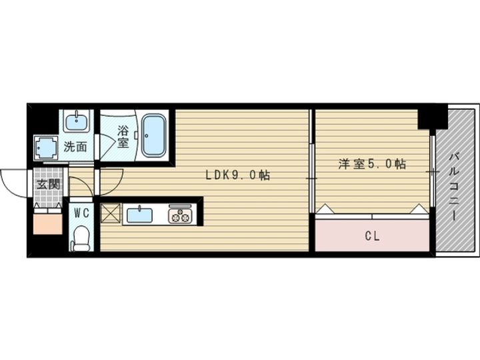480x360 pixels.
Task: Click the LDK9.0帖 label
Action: pyautogui.click(x=237, y=175)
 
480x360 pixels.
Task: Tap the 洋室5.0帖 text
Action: pyautogui.click(x=372, y=164)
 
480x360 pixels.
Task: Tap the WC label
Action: pyautogui.click(x=81, y=213)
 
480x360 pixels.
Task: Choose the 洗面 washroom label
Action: pyautogui.click(x=75, y=146)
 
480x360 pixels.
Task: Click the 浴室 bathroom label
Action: pyautogui.click(x=123, y=136)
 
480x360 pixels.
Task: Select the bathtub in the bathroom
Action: pyautogui.click(x=154, y=135)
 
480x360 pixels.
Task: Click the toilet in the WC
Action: pyautogui.click(x=81, y=238)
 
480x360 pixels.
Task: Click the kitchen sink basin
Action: pyautogui.click(x=139, y=215)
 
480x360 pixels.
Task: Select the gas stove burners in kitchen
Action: pyautogui.click(x=179, y=215)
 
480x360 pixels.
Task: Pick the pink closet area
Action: pyautogui.click(x=372, y=235)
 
